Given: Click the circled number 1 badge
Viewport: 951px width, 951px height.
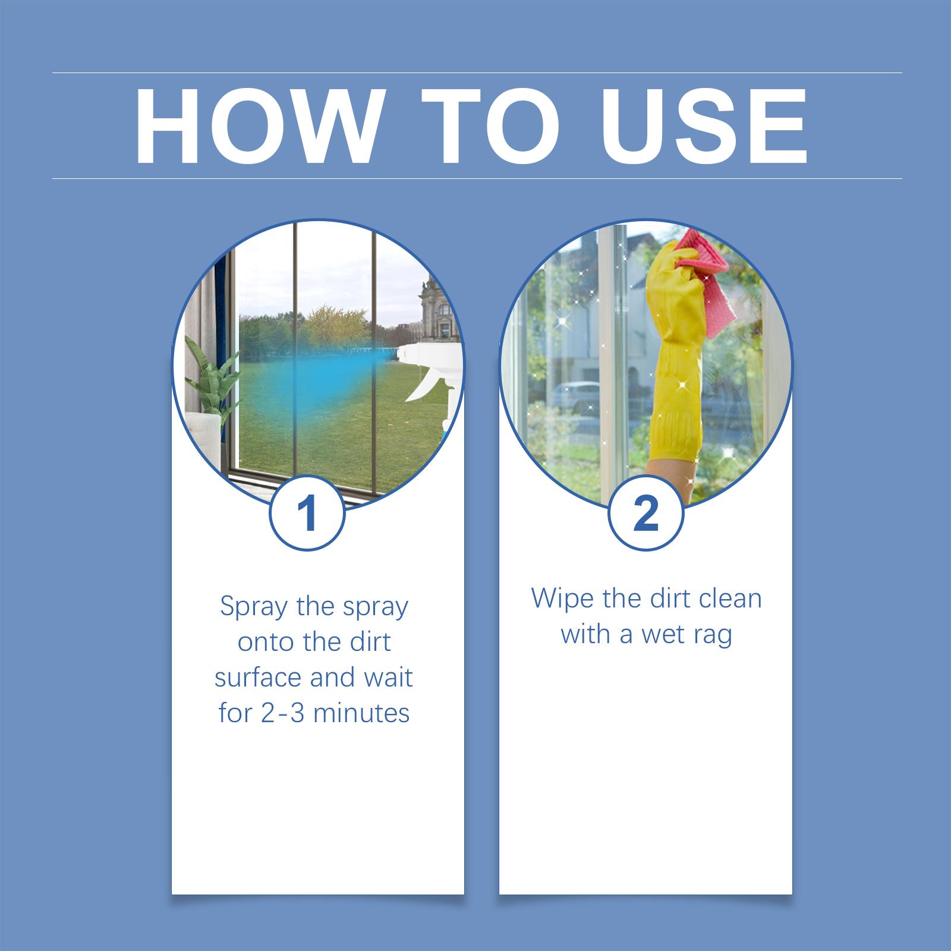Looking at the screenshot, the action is pyautogui.click(x=307, y=513).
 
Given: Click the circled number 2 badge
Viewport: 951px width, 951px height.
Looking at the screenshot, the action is pyautogui.click(x=646, y=513).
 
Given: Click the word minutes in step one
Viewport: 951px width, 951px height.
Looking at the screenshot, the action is pyautogui.click(x=361, y=713).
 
